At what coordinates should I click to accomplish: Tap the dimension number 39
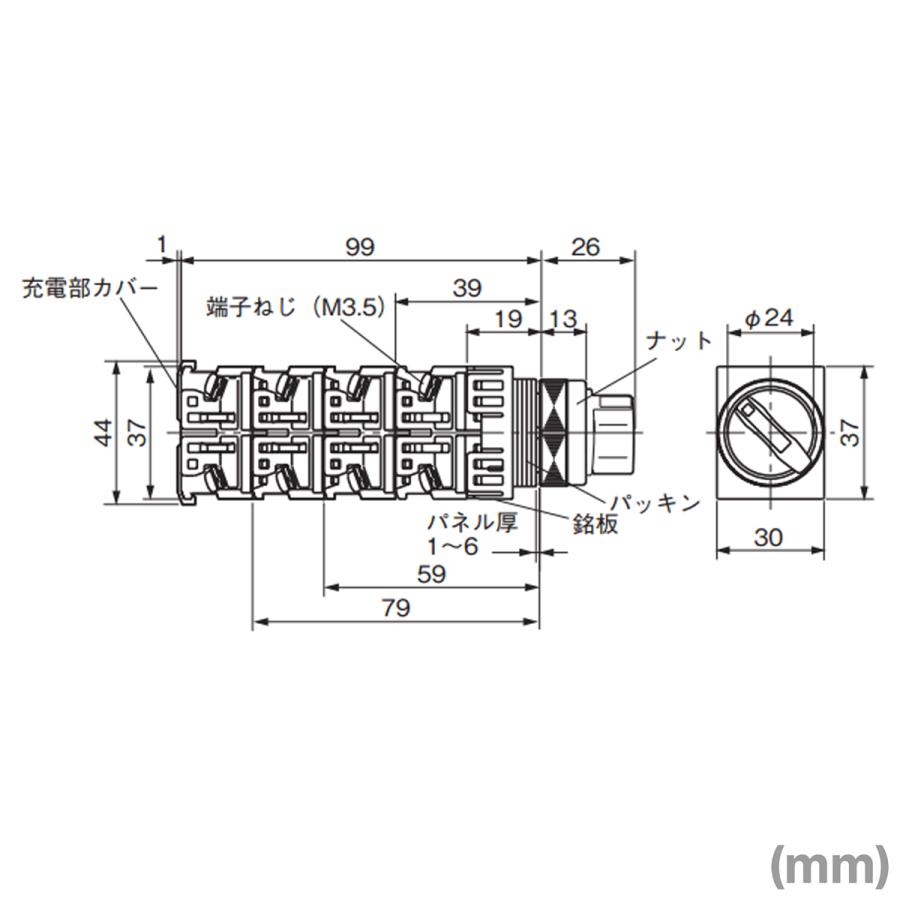click(466, 287)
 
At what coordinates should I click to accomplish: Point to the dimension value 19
click(508, 320)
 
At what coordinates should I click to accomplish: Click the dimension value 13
click(563, 320)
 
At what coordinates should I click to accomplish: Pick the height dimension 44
click(104, 432)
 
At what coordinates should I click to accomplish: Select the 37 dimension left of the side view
click(138, 432)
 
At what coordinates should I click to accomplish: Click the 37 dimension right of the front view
click(850, 432)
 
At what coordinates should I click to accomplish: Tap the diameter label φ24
click(769, 320)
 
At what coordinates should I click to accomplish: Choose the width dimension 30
click(768, 537)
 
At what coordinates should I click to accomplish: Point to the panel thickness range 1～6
click(453, 548)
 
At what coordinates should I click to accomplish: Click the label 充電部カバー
click(91, 289)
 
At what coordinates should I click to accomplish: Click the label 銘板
click(595, 523)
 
